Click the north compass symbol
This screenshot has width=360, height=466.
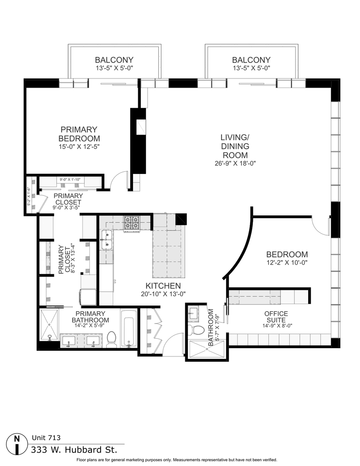click(17, 444)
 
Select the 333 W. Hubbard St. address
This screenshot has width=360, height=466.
click(74, 450)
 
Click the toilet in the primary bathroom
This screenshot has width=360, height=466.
click(111, 340)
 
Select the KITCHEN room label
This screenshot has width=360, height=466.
click(163, 286)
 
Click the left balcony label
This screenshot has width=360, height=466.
click(114, 60)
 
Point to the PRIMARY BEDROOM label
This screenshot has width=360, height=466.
click(79, 134)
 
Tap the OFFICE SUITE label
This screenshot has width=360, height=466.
click(276, 317)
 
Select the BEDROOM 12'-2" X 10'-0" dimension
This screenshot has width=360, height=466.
click(287, 262)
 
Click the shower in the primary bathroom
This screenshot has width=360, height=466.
click(51, 321)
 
